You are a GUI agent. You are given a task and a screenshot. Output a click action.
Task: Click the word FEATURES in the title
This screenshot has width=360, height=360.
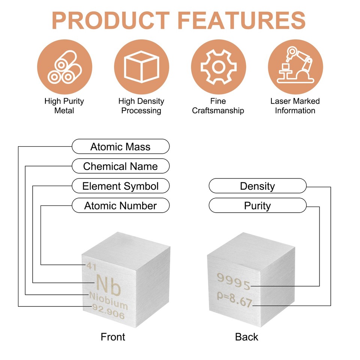(x=241, y=20)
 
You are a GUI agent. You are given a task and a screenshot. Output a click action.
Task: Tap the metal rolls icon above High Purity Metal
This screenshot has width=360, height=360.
(x=64, y=67)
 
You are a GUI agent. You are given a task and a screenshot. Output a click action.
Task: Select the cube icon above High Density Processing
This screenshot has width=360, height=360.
(x=141, y=67)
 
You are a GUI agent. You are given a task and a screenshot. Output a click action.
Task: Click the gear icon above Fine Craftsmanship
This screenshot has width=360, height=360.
(x=218, y=67)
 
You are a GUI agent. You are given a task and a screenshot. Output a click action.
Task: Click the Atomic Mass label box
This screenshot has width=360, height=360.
(x=120, y=147)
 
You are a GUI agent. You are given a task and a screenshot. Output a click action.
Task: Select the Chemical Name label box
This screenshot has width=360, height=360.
(x=120, y=166)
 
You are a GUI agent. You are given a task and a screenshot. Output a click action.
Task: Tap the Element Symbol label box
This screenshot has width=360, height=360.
(x=120, y=186)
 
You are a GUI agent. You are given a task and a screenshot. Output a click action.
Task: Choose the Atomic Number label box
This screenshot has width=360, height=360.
(x=120, y=205)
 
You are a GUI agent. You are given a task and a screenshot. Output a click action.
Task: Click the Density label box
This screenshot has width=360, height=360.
(x=258, y=186)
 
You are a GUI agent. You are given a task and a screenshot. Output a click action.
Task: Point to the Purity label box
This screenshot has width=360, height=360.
(x=258, y=205)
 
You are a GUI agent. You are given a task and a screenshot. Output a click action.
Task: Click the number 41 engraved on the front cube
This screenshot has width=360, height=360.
(x=91, y=266)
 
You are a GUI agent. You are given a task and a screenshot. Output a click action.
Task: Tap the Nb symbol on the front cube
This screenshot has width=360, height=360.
(x=108, y=285)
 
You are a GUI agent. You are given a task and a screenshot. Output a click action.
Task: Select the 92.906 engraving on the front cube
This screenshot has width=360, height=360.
(x=108, y=311)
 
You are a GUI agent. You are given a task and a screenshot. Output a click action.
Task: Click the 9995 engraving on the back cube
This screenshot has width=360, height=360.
(x=234, y=281)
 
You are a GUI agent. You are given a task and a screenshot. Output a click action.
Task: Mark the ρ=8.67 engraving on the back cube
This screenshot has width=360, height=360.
(x=234, y=299)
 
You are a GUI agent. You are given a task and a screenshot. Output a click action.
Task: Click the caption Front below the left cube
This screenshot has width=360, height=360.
(x=113, y=337)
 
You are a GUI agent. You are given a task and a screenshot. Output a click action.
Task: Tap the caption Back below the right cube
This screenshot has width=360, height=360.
(x=247, y=337)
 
